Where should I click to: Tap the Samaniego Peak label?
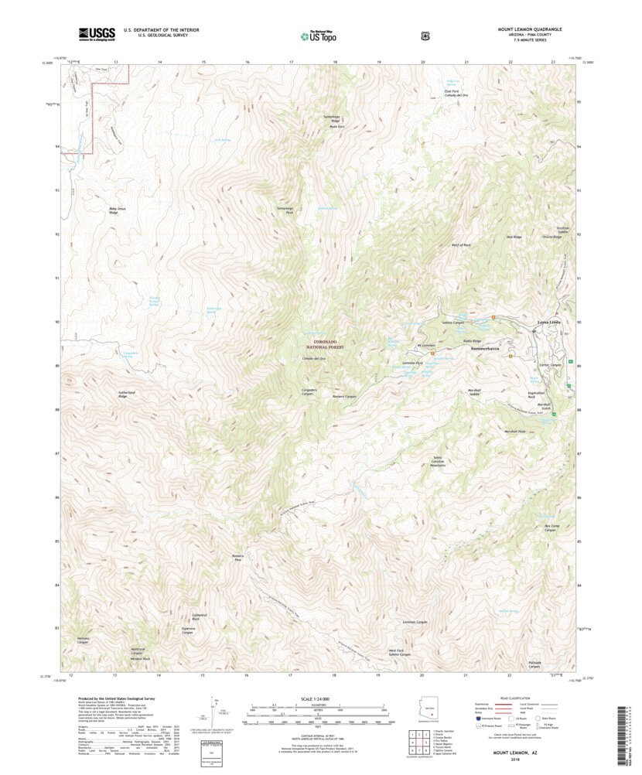pos(285,210)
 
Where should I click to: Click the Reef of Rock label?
pos(461,245)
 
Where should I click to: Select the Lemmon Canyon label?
pos(415,622)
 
